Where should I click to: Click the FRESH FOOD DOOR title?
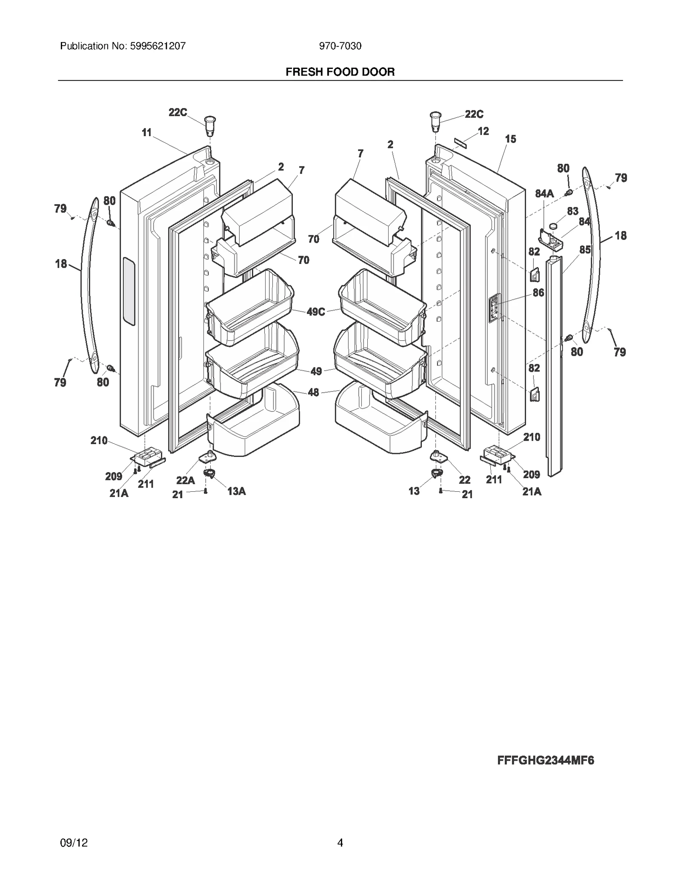pos(340,72)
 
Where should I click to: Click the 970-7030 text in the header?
pos(340,46)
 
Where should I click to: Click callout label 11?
pos(146,133)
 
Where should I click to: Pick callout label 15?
pos(510,139)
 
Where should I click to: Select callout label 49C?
pos(316,312)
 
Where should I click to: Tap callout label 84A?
pos(544,194)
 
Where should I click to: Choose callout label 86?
pos(538,293)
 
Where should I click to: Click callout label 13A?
pos(236,491)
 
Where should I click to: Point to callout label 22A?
pos(186,480)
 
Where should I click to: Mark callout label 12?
pos(483,131)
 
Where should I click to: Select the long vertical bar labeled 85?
pos(554,366)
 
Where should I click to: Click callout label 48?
pos(313,392)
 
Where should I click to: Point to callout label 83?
pos(572,211)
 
